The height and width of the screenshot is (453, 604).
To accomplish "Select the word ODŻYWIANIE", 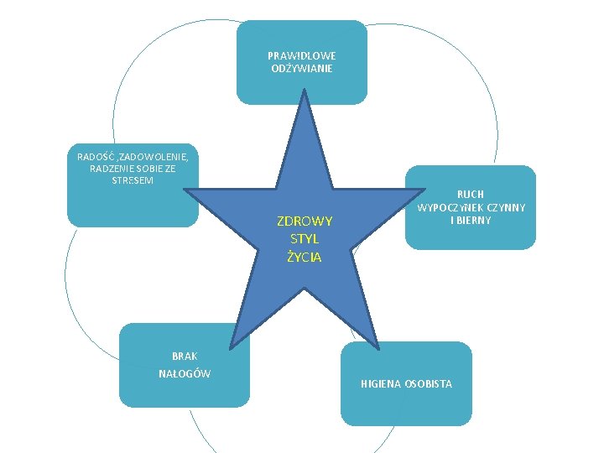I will tap(302, 68).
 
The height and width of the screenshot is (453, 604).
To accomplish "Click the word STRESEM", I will tap(133, 181).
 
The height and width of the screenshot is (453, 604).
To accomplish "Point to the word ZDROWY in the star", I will tap(305, 221).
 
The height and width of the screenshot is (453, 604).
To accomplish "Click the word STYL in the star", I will tap(304, 239).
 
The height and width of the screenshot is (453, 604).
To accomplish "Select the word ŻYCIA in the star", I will tap(304, 257).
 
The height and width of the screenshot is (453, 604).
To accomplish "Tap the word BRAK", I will tap(185, 356).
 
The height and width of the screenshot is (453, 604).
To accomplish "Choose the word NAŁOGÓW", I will tap(185, 373).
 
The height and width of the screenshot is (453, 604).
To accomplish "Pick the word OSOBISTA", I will tap(428, 383).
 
